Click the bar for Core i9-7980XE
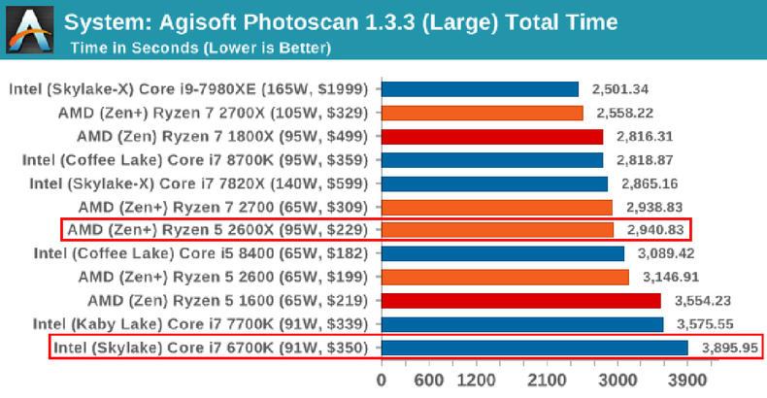(480, 89)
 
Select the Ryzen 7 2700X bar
(482, 113)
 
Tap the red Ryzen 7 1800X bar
(491, 136)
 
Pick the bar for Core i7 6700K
(534, 347)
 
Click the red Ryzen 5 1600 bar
(520, 300)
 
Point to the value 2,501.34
(622, 89)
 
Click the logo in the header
(27, 27)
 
